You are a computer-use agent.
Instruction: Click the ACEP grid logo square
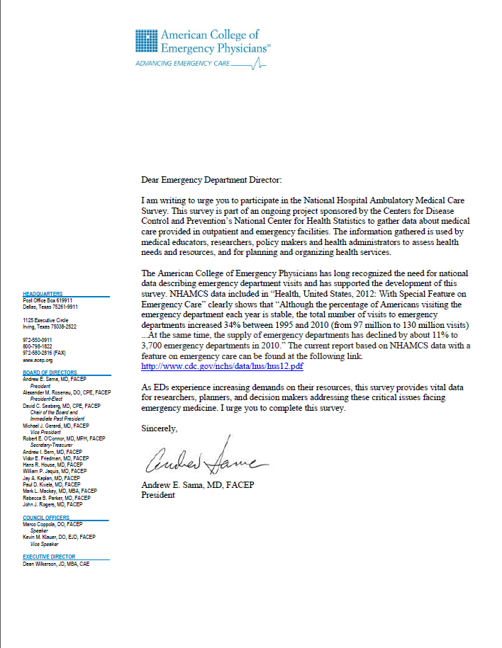(x=147, y=42)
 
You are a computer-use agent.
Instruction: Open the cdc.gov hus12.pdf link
(x=223, y=367)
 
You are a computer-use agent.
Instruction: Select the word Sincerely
(x=160, y=428)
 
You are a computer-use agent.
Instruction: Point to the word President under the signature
(x=158, y=495)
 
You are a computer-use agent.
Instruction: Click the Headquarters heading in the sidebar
(x=43, y=293)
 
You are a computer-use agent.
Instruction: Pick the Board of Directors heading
(x=50, y=373)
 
